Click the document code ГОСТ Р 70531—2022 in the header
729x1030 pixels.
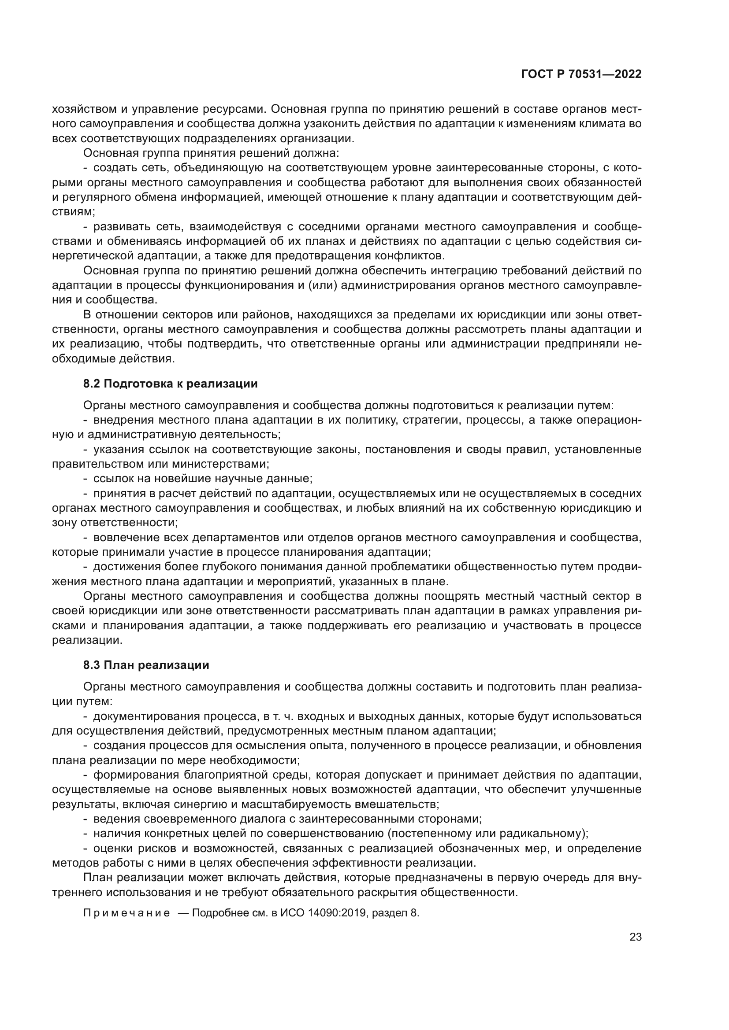tap(581, 74)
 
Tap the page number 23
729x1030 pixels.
tap(635, 937)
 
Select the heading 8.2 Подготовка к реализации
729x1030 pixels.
tap(170, 384)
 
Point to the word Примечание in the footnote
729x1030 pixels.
tap(126, 913)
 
